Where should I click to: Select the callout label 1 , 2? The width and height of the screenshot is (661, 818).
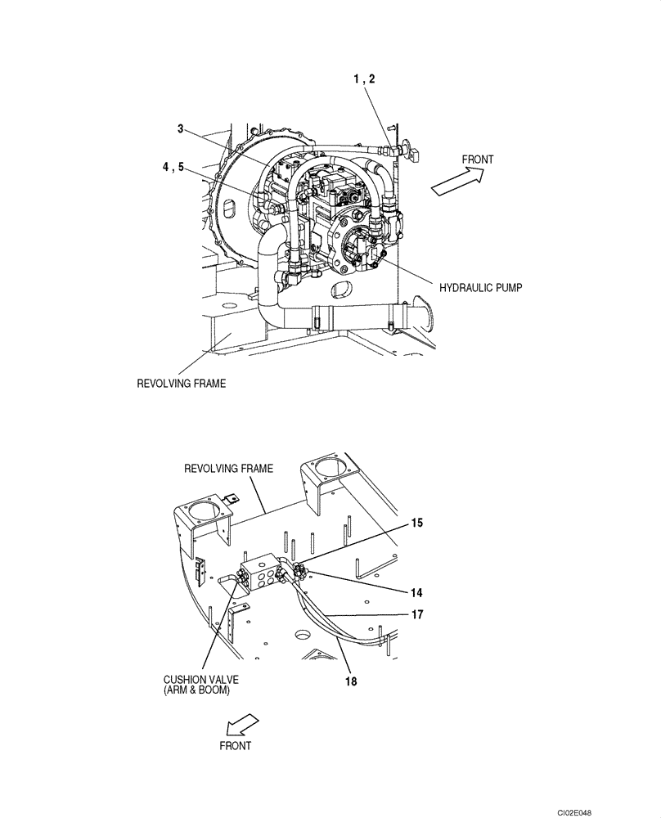point(365,79)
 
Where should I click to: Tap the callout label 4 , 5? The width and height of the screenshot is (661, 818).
point(173,167)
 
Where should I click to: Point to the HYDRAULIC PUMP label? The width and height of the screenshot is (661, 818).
point(480,288)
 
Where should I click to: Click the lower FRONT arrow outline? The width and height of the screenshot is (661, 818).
point(241,722)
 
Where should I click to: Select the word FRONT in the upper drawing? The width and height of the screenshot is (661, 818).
point(478,160)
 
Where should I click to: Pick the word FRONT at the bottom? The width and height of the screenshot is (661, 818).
point(236,746)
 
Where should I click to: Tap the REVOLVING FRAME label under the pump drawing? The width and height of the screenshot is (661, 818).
point(181,383)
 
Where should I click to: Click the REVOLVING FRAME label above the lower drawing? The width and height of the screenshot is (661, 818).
point(228,469)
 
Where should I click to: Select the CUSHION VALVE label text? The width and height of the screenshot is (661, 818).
point(197,684)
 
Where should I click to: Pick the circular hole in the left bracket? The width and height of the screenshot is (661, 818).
point(203,519)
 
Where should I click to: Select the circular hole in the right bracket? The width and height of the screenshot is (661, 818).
point(331,470)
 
